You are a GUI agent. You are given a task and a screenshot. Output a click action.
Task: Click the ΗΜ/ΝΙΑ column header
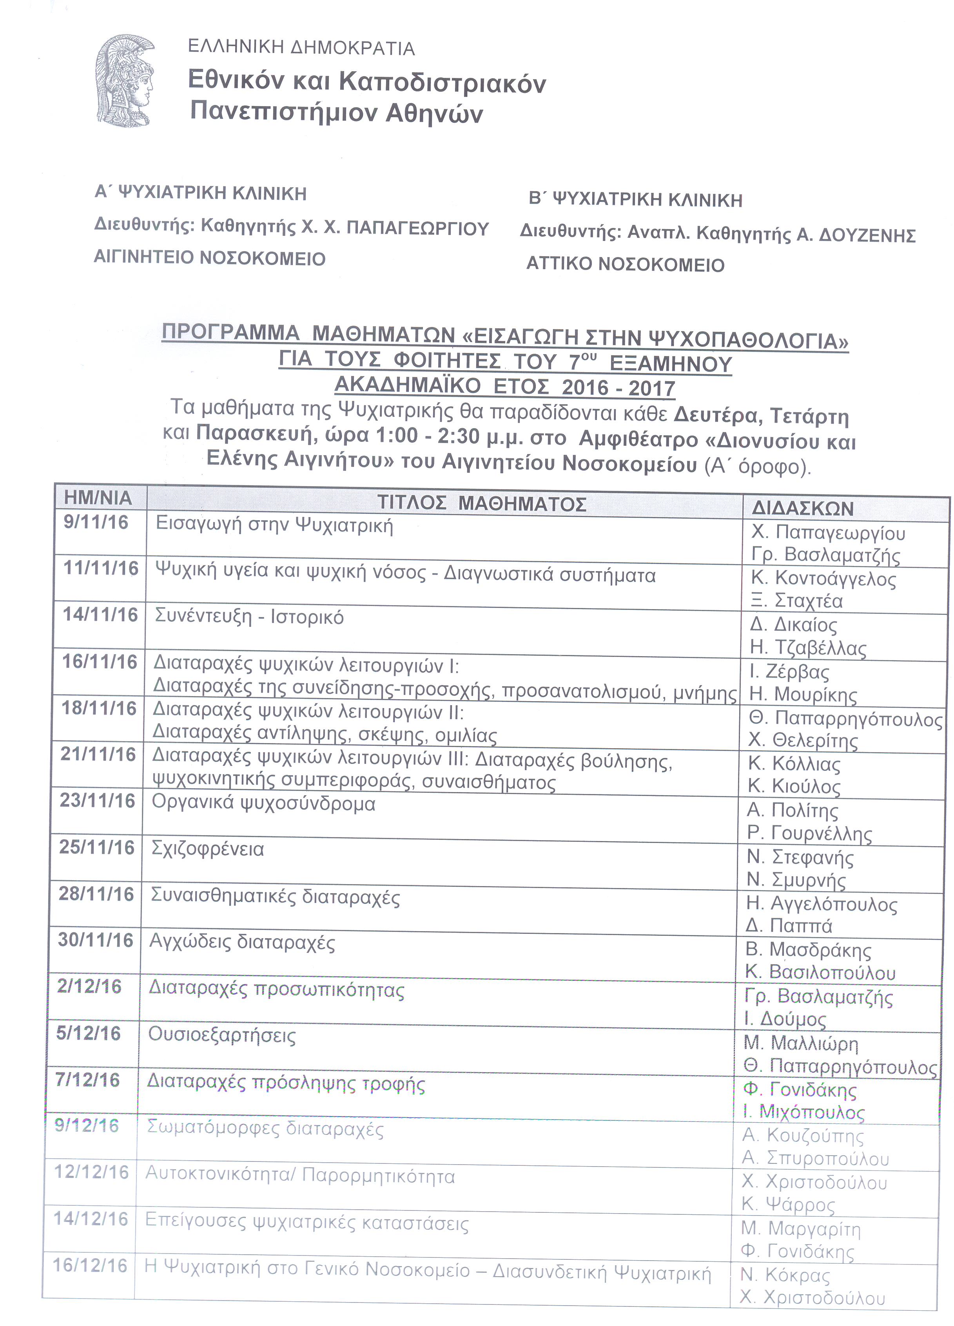click(98, 498)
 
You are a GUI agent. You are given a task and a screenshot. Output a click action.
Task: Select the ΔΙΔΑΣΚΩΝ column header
click(802, 508)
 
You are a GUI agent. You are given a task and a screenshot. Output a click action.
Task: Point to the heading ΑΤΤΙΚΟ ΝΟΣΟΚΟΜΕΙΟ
click(625, 265)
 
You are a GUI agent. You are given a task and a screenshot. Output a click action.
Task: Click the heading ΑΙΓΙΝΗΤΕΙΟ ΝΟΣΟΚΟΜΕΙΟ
click(209, 259)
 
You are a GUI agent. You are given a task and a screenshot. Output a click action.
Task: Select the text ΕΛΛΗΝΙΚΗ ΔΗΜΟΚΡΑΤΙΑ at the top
click(301, 48)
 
